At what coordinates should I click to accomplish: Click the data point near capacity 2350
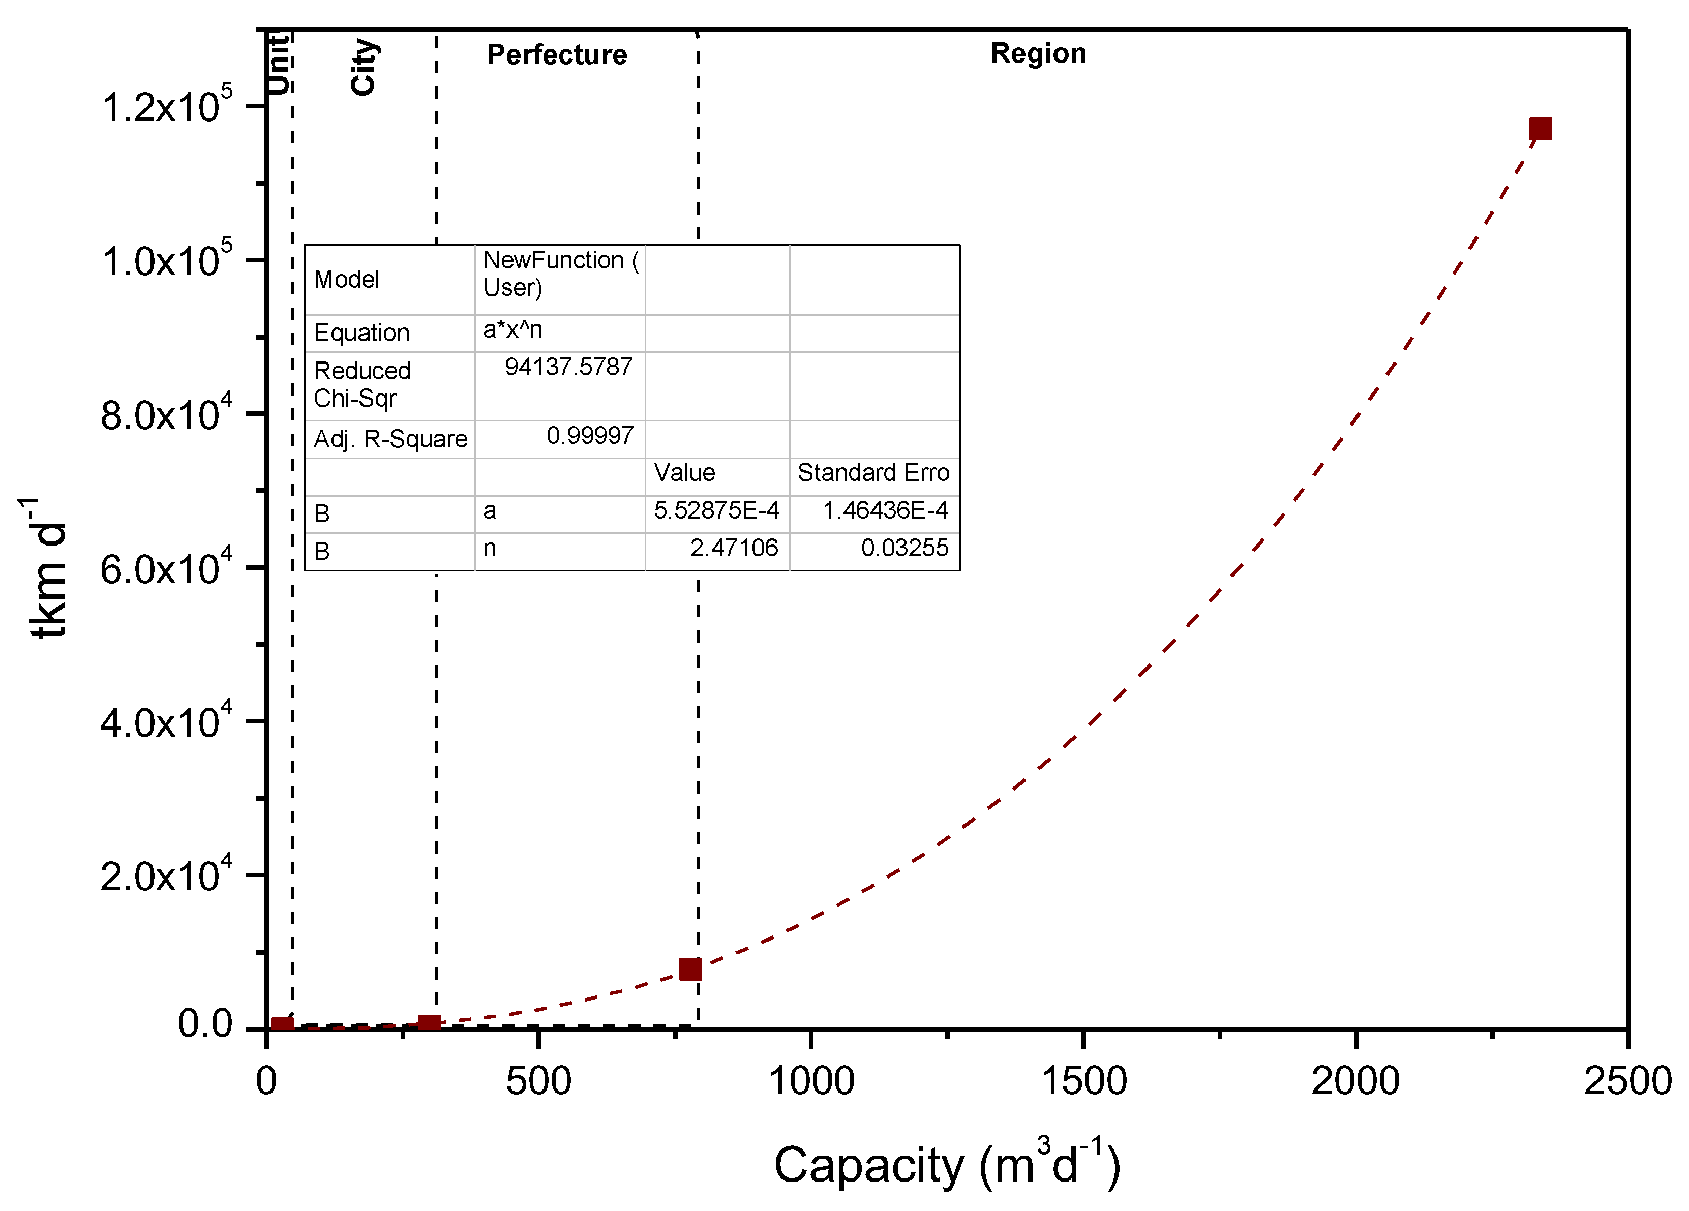pos(1540,129)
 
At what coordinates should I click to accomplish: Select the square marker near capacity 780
pos(690,969)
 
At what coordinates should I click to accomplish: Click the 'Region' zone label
pos(1038,53)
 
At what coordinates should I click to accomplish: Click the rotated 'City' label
pos(364,67)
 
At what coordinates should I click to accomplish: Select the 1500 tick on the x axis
pos(1083,1081)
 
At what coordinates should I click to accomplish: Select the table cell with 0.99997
pos(589,436)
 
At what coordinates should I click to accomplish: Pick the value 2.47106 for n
pos(734,548)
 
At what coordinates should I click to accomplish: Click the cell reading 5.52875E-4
pos(716,510)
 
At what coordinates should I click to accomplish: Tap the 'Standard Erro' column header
pos(873,473)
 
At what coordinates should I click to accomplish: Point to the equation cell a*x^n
pos(512,329)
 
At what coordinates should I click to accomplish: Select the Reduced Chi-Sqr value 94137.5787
pos(568,367)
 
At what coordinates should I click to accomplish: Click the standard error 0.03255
pos(904,548)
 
